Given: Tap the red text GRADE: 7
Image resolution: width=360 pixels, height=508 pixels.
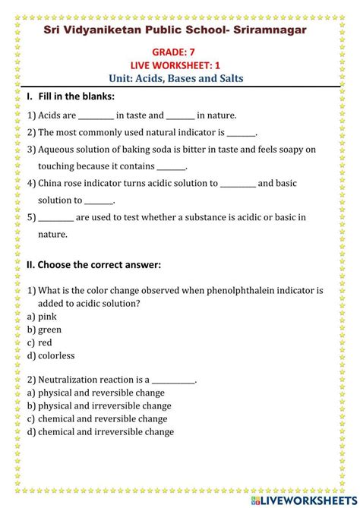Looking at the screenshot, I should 180,55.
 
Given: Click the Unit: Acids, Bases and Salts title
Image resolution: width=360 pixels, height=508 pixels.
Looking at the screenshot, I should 180,79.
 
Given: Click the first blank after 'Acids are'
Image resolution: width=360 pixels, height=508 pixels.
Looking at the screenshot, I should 96,116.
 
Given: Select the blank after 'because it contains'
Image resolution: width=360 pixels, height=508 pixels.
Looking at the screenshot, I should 171,167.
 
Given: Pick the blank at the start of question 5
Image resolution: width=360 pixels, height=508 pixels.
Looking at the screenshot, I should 55,218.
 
